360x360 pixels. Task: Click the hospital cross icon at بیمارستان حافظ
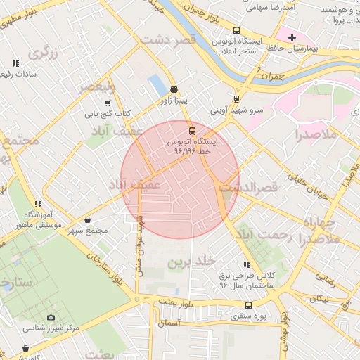(x=292, y=37)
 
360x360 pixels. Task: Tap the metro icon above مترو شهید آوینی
(x=236, y=98)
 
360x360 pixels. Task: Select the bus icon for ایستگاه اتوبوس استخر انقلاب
(x=236, y=31)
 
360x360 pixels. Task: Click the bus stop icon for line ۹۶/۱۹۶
(x=191, y=131)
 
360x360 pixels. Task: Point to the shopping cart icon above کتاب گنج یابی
(x=108, y=103)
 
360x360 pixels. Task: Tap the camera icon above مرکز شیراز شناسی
(x=51, y=318)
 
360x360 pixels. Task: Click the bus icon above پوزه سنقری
(x=248, y=305)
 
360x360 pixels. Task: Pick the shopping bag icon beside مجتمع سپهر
(x=87, y=220)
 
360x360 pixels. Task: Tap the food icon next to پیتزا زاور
(x=174, y=89)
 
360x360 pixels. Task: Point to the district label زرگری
(x=41, y=53)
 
